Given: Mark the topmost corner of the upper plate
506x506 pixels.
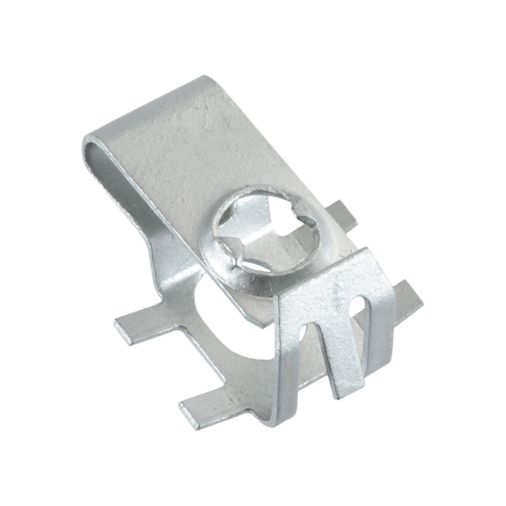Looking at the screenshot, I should (x=206, y=79).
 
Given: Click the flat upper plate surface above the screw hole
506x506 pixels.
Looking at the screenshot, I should (x=190, y=145).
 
